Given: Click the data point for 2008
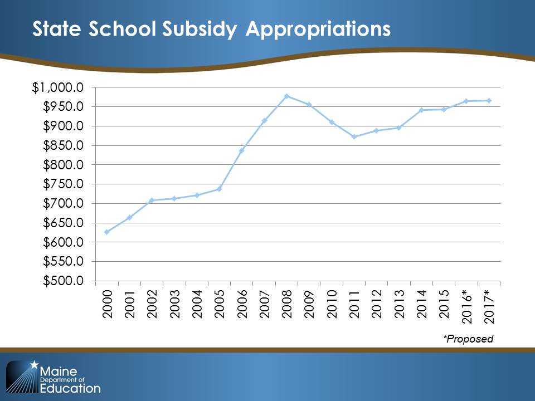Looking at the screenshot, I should pos(286,96).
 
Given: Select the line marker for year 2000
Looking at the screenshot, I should pos(106,232).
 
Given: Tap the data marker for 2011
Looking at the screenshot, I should pos(354,136).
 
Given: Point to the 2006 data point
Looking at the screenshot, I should pos(241,150).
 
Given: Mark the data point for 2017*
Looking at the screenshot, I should pos(489,100).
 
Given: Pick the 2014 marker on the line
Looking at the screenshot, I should pos(421,110).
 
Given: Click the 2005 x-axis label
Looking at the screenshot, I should pos(219,304).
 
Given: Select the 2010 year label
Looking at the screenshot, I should pos(332,304).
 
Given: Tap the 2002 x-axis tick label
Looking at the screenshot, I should pos(152,304).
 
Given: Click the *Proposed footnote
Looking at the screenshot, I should pos(468,339).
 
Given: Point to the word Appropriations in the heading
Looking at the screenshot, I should pos(318,30).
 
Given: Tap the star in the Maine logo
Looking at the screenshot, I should pos(35,365).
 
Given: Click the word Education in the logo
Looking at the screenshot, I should pos(71,388).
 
